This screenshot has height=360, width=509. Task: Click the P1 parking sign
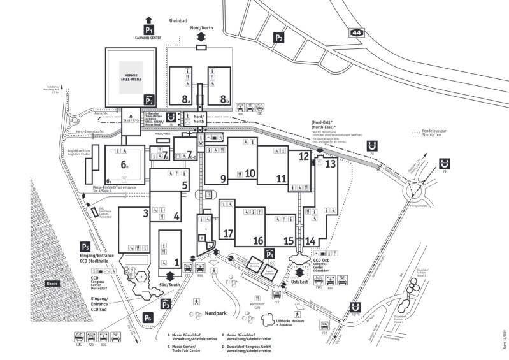tap(149, 29)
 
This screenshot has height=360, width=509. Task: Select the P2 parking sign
tap(278, 38)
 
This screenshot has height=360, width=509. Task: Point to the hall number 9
tap(224, 178)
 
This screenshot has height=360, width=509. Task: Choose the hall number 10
tap(250, 173)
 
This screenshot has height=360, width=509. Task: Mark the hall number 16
tap(258, 240)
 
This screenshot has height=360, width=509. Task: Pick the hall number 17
tap(228, 233)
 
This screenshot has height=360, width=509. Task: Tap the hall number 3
tap(146, 212)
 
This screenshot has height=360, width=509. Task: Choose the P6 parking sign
tap(148, 317)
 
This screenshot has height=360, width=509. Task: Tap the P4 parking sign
tap(270, 255)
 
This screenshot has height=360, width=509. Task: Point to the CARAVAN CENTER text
tap(149, 38)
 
